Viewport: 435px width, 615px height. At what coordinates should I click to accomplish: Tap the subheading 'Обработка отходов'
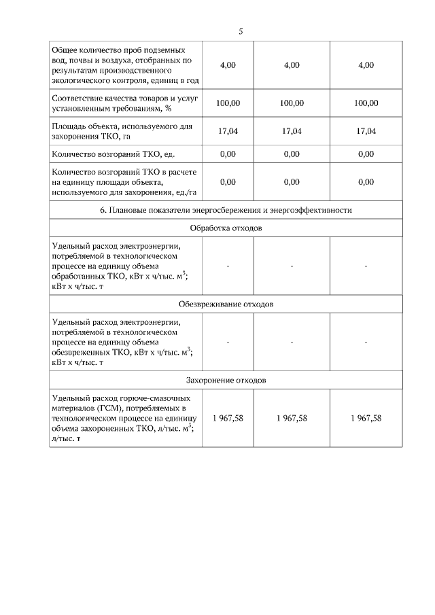(226, 228)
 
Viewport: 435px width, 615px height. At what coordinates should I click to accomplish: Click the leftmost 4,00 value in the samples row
(228, 65)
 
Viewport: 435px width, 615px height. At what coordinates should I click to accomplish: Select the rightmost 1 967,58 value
(366, 418)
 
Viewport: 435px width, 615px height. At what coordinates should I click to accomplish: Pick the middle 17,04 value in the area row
(291, 131)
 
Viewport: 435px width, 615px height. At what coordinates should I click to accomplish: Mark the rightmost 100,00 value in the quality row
(366, 103)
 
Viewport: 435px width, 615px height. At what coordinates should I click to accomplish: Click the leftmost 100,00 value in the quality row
(228, 103)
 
